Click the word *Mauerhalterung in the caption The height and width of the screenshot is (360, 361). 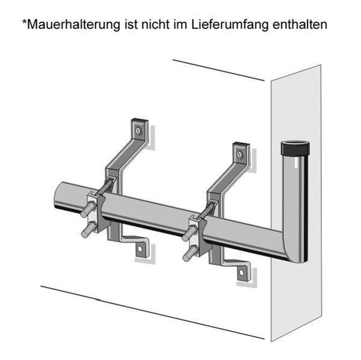(x=71, y=24)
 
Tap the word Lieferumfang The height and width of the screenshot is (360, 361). (x=230, y=25)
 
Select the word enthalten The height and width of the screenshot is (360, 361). (x=300, y=24)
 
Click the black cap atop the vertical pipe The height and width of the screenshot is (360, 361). (x=295, y=149)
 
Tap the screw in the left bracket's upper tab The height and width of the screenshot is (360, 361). (x=138, y=131)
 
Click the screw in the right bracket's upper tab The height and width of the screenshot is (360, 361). (x=240, y=154)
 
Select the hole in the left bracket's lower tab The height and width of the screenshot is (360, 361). (x=140, y=249)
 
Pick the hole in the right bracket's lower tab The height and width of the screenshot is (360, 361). (x=241, y=273)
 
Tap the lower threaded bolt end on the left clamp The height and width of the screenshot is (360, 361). (x=89, y=230)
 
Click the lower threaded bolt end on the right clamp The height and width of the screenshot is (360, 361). (x=190, y=253)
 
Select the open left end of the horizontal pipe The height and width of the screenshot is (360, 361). (x=60, y=195)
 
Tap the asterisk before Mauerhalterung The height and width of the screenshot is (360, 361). (x=24, y=22)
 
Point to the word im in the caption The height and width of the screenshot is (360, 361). (x=180, y=24)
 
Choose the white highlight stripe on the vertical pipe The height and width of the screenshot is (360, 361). (x=295, y=163)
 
